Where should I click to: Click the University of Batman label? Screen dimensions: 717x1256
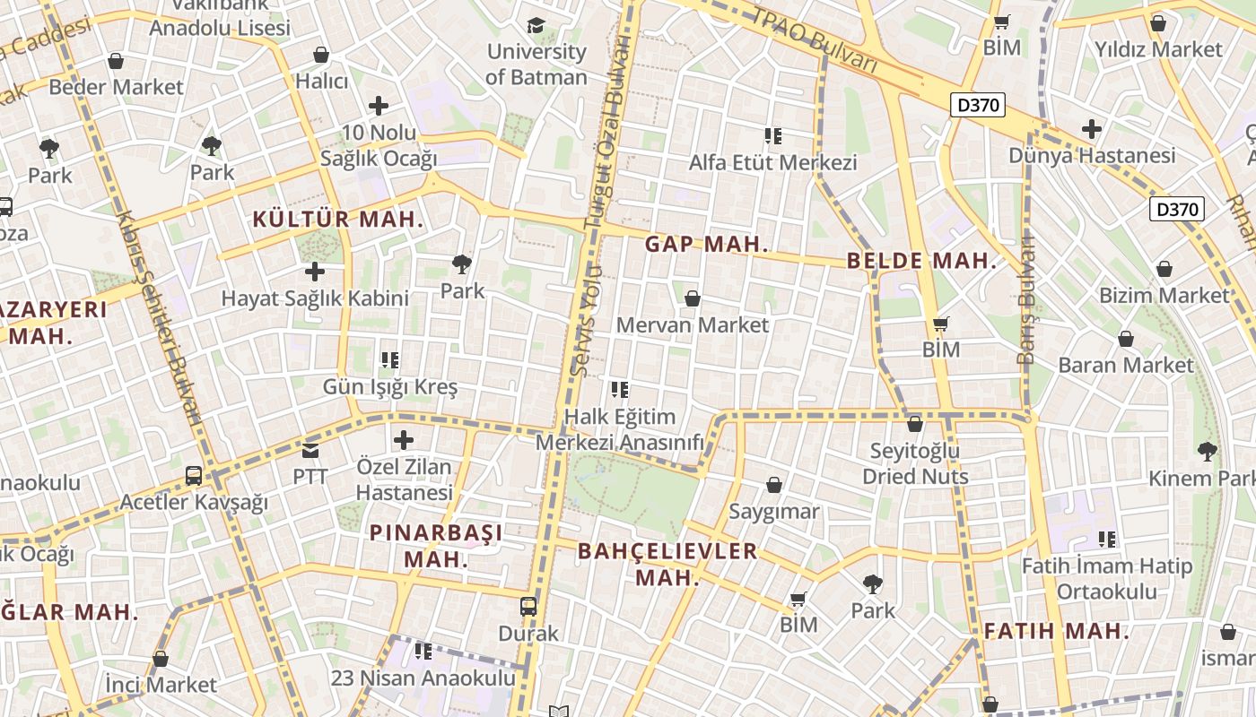536,65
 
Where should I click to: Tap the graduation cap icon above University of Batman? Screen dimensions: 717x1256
536,25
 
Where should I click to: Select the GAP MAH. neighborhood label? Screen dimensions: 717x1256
707,244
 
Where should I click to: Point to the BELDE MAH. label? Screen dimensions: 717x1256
921,261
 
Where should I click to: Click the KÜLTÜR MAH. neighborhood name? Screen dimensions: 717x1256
338,219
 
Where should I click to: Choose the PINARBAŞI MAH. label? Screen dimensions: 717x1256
436,545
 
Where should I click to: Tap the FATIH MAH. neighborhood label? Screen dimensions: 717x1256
1056,631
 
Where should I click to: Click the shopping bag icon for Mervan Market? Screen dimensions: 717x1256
692,298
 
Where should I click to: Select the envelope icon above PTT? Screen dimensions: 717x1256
310,450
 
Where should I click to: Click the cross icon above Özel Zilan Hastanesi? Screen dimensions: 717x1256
404,440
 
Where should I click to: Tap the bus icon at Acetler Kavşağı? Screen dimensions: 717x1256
194,476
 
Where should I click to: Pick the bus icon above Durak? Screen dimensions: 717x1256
528,606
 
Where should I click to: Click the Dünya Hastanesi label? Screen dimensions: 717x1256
1092,155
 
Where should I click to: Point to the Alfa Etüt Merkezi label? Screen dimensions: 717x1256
772,162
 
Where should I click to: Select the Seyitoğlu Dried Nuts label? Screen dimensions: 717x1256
915,463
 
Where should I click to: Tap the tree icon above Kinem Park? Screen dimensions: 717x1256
1208,451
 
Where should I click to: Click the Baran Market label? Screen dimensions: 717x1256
1126,365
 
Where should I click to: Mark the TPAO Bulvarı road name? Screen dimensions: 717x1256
814,40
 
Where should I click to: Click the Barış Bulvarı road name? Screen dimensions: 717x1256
1026,300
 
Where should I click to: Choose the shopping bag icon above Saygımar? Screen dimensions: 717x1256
774,485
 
